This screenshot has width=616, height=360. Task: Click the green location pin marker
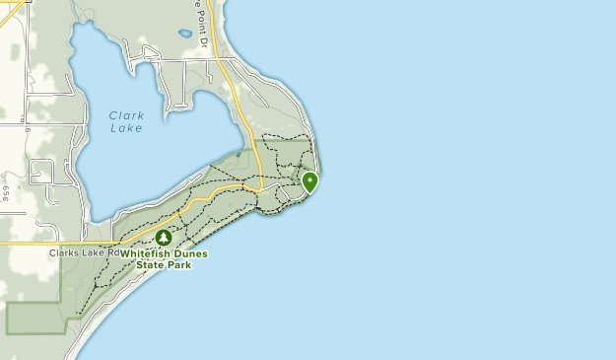pos(309,181)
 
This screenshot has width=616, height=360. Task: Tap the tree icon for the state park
pos(164,238)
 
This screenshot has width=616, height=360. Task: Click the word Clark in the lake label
pos(126,115)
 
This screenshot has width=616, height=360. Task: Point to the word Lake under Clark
pos(126,128)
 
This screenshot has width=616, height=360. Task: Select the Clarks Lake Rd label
pos(84,252)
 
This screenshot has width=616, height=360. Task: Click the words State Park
pos(164,264)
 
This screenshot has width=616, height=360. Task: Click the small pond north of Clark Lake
pos(184,34)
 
